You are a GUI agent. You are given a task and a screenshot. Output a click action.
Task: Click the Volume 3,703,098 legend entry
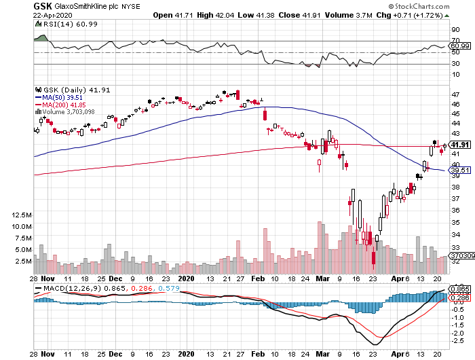(x=69, y=111)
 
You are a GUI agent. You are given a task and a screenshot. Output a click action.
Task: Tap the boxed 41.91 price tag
(x=460, y=145)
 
